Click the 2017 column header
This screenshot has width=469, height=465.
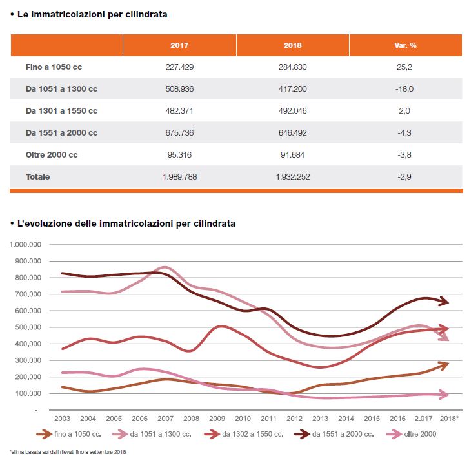point(179,45)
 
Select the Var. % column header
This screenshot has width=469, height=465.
point(405,45)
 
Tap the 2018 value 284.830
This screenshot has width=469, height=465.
point(292,67)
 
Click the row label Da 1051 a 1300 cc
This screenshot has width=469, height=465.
point(62,89)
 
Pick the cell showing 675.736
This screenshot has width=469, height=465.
point(179,132)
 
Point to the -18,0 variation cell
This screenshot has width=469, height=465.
point(404,89)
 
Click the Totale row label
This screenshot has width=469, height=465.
point(37,177)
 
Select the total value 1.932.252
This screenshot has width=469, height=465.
point(292,177)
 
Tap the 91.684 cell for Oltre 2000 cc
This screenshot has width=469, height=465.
point(292,155)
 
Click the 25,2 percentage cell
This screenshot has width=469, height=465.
point(404,67)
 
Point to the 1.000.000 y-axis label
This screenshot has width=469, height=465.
point(25,245)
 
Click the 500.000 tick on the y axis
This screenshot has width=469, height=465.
point(28,327)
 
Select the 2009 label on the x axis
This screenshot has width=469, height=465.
point(217,418)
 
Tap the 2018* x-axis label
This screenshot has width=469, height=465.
point(449,418)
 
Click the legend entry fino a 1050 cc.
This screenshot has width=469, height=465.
point(69,434)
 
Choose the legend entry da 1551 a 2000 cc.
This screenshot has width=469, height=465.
point(334,434)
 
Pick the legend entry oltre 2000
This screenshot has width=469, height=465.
point(412,434)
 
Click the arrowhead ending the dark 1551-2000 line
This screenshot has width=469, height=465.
point(444,302)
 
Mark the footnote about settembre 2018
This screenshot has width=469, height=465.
point(68,452)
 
